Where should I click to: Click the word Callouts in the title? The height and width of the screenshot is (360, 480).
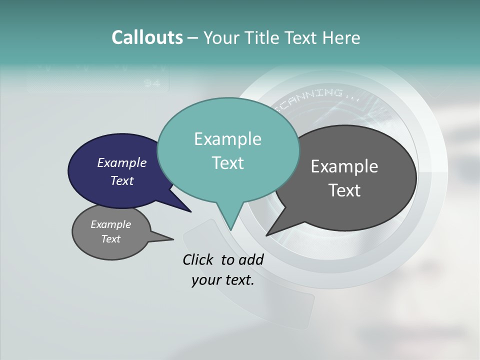(x=147, y=38)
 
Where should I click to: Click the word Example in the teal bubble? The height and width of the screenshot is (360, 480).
(x=227, y=139)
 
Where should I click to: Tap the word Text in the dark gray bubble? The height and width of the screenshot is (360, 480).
(x=344, y=190)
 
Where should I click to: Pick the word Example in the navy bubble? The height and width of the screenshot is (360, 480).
(x=122, y=163)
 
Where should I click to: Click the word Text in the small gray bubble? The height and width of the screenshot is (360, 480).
(x=111, y=239)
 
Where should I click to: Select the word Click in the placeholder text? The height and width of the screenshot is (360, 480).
(x=198, y=260)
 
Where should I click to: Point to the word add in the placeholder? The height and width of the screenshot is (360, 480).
(x=251, y=260)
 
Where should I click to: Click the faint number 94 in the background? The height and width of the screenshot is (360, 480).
(x=151, y=83)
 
